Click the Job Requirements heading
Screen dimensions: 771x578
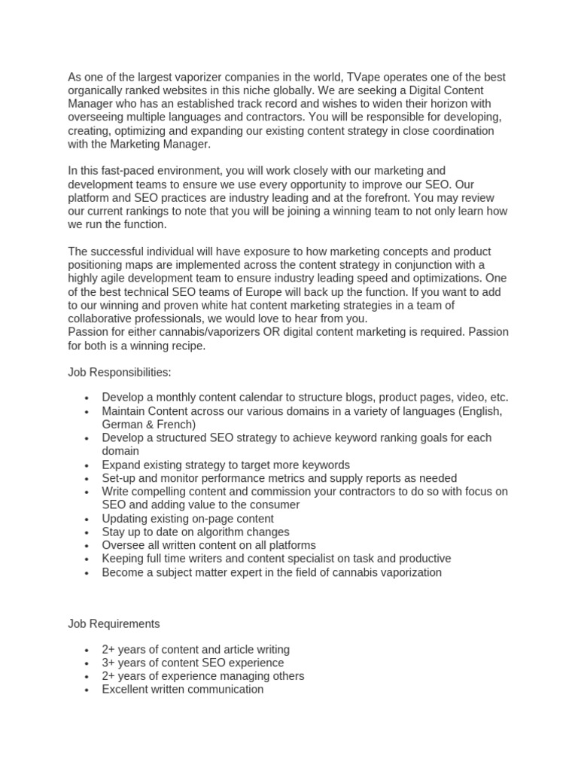(x=114, y=624)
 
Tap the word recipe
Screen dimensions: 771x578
(x=185, y=346)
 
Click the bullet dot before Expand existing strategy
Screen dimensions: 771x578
(x=88, y=465)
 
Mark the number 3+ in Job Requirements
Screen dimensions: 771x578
(x=110, y=663)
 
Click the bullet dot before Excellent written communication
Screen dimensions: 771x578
(x=88, y=690)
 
